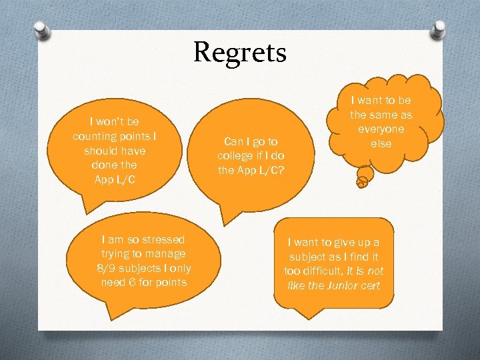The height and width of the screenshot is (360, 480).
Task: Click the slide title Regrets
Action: coord(240,53)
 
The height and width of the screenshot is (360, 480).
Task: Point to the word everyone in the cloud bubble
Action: coord(381,129)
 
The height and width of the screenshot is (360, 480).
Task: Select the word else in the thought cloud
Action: coord(381,144)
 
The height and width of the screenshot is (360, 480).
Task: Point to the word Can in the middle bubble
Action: coord(233,141)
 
